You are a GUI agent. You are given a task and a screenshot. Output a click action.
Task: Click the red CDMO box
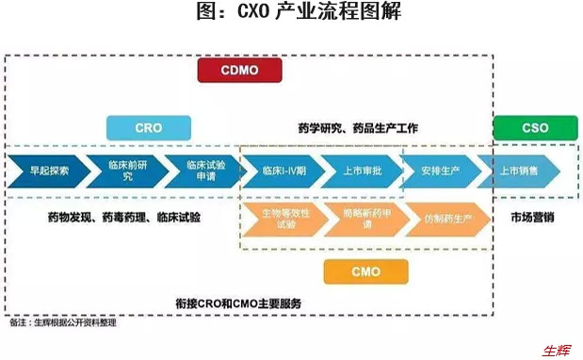coord(240,72)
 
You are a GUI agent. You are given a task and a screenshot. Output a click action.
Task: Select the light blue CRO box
coord(148,128)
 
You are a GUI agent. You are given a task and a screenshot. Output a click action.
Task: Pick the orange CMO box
coord(365,271)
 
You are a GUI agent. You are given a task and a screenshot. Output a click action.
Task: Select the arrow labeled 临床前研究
coord(122,172)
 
